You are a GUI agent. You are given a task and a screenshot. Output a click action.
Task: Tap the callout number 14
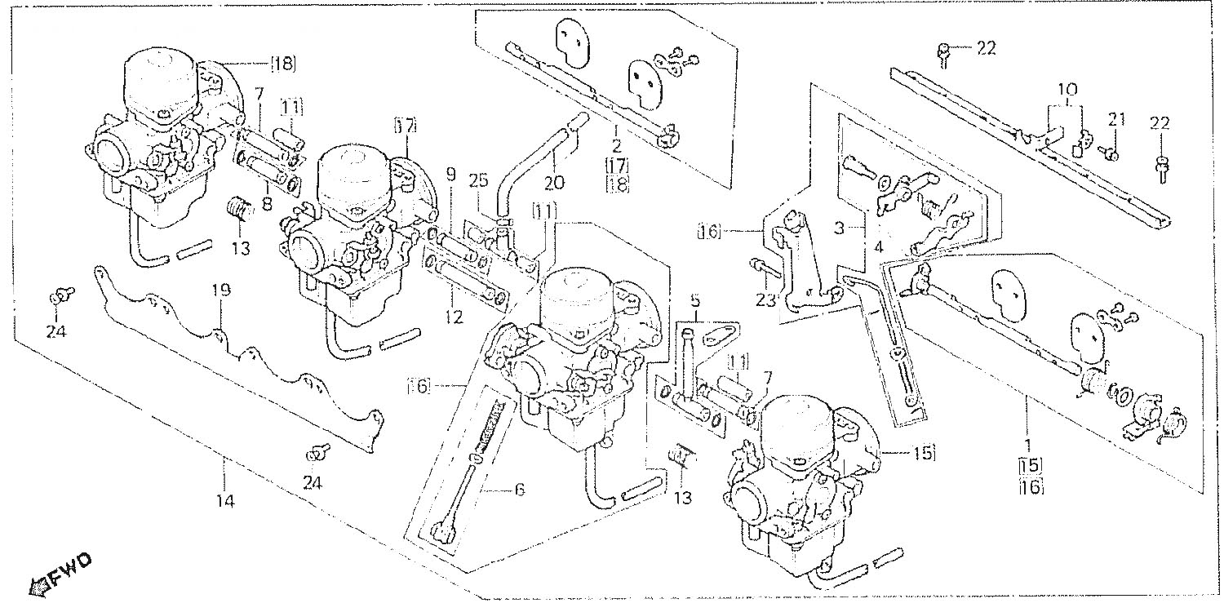226,500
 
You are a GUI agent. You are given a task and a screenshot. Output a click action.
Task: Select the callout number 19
220,290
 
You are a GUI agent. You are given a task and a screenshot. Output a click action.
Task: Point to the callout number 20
554,182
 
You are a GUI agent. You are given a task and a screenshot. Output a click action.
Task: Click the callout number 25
479,180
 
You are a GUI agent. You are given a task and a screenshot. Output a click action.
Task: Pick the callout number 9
450,175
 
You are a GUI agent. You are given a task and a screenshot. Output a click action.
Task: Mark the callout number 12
454,317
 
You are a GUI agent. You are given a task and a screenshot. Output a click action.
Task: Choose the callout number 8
267,204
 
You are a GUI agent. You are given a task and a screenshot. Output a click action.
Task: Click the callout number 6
519,490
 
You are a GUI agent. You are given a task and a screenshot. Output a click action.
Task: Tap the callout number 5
694,300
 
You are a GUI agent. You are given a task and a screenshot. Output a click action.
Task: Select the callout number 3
840,228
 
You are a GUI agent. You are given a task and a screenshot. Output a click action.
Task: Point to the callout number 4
878,247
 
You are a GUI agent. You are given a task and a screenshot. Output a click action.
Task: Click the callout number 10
1067,89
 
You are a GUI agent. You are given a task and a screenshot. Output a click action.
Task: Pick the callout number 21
1115,118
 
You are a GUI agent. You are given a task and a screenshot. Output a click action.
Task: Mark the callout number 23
767,300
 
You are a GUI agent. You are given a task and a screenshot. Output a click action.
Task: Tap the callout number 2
616,146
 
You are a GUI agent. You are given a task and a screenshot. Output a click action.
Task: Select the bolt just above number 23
762,268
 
